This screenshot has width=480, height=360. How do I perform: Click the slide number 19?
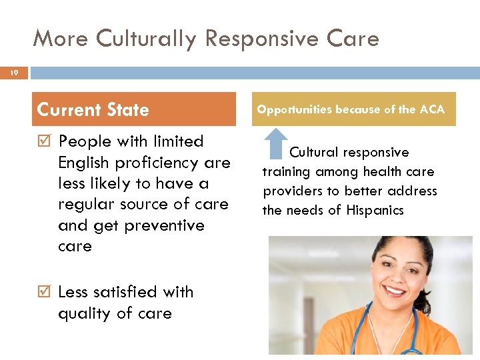click(13, 73)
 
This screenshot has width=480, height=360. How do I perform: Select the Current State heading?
click(93, 109)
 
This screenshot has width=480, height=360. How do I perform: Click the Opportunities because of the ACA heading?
click(351, 109)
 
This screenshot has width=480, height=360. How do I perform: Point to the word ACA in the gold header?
click(431, 109)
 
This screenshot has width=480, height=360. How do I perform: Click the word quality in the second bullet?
click(85, 313)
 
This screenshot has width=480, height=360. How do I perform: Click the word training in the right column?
click(286, 172)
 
